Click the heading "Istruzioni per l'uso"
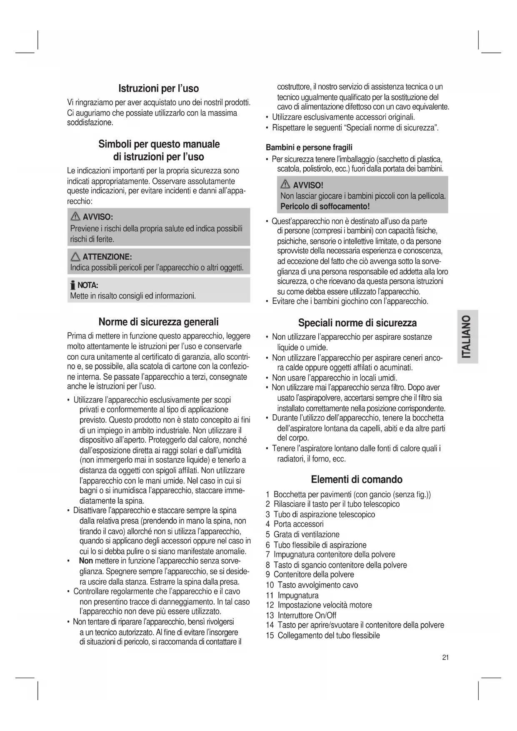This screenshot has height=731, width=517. (x=159, y=88)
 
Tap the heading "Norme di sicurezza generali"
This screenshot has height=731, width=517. (x=158, y=322)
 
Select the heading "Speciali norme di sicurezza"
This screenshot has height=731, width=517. (x=357, y=323)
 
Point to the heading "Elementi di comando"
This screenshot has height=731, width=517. (x=357, y=479)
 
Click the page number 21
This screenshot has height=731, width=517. (x=445, y=658)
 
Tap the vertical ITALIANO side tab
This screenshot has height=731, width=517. (x=467, y=337)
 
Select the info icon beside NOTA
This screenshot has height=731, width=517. (x=72, y=285)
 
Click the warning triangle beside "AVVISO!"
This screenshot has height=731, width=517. (x=286, y=185)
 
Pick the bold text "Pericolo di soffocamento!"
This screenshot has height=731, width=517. (x=325, y=206)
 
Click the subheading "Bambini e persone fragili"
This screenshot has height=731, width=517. (x=309, y=148)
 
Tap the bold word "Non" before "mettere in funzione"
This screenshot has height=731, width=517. (x=86, y=561)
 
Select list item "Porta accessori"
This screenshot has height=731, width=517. (x=298, y=524)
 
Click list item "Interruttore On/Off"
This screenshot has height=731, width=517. (x=307, y=616)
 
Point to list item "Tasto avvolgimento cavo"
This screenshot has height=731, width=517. (x=317, y=585)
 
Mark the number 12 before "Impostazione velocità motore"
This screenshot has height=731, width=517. (x=270, y=605)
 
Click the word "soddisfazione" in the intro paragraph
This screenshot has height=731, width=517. (x=90, y=123)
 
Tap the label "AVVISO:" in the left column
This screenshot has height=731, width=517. (x=98, y=217)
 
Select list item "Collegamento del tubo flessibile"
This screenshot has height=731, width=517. (x=328, y=636)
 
